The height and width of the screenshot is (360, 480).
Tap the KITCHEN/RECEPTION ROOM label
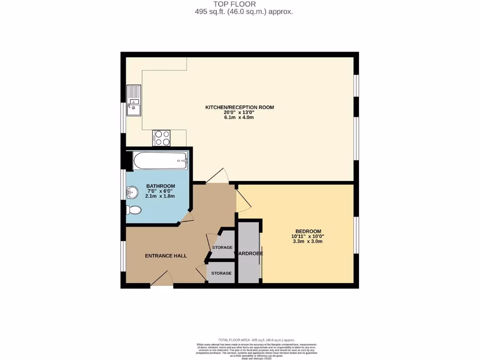pyautogui.click(x=240, y=107)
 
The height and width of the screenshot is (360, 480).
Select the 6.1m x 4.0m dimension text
pyautogui.click(x=240, y=118)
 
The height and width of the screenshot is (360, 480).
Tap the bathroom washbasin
pyautogui.click(x=132, y=191)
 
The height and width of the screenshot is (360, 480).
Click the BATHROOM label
pyautogui.click(x=161, y=186)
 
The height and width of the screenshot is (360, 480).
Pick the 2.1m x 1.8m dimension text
pyautogui.click(x=160, y=196)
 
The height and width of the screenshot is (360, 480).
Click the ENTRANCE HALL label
pyautogui.click(x=166, y=256)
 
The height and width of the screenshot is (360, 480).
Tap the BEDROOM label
pyautogui.click(x=307, y=231)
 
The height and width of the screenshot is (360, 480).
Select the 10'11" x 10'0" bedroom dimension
pyautogui.click(x=307, y=237)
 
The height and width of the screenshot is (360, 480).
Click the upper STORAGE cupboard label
pyautogui.click(x=222, y=247)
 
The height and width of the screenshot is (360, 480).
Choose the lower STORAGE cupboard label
pyautogui.click(x=221, y=273)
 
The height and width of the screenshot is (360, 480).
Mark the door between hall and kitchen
pyautogui.click(x=217, y=176)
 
